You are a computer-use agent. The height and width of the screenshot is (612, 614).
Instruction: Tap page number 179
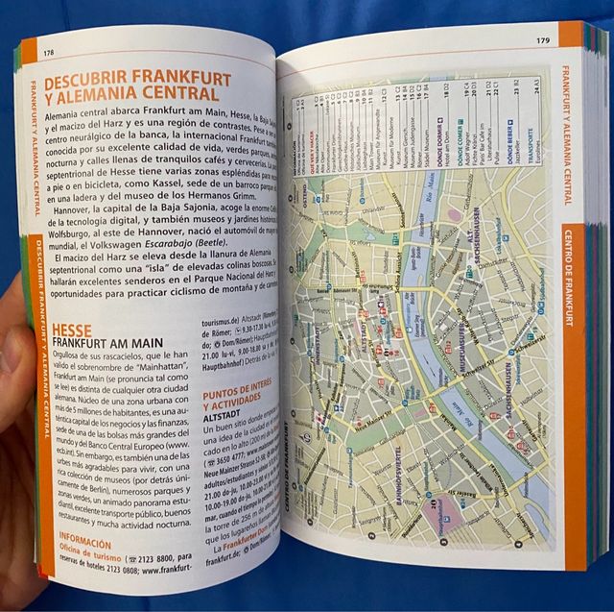(x=543, y=40)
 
